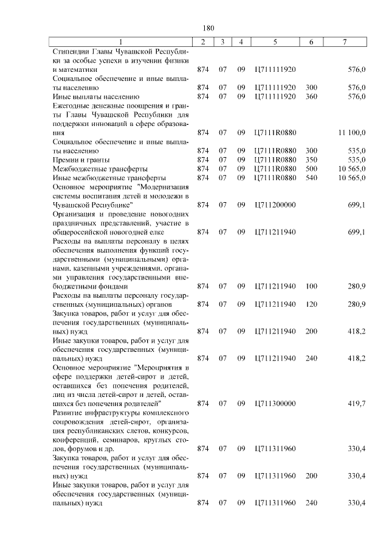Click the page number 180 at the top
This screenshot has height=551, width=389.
pyautogui.click(x=208, y=28)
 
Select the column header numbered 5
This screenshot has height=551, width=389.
pyautogui.click(x=275, y=41)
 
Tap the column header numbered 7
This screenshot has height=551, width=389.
pyautogui.click(x=345, y=41)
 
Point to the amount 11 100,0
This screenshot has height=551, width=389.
pyautogui.click(x=351, y=132)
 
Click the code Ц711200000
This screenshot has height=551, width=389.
pyautogui.click(x=275, y=205)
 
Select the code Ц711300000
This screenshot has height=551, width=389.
pyautogui.click(x=275, y=403)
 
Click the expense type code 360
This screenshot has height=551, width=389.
pyautogui.click(x=311, y=97)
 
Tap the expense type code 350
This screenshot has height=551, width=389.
pyautogui.click(x=311, y=160)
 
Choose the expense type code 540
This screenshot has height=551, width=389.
pyautogui.click(x=311, y=178)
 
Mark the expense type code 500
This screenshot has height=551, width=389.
pyautogui.click(x=311, y=169)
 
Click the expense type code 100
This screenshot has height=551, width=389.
pyautogui.click(x=311, y=286)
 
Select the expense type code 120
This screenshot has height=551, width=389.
pyautogui.click(x=311, y=304)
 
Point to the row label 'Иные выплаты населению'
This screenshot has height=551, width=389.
pyautogui.click(x=97, y=97)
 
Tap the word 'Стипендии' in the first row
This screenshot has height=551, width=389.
pyautogui.click(x=72, y=51)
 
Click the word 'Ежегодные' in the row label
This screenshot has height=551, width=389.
pyautogui.click(x=74, y=105)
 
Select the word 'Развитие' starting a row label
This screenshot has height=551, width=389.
pyautogui.click(x=70, y=412)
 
